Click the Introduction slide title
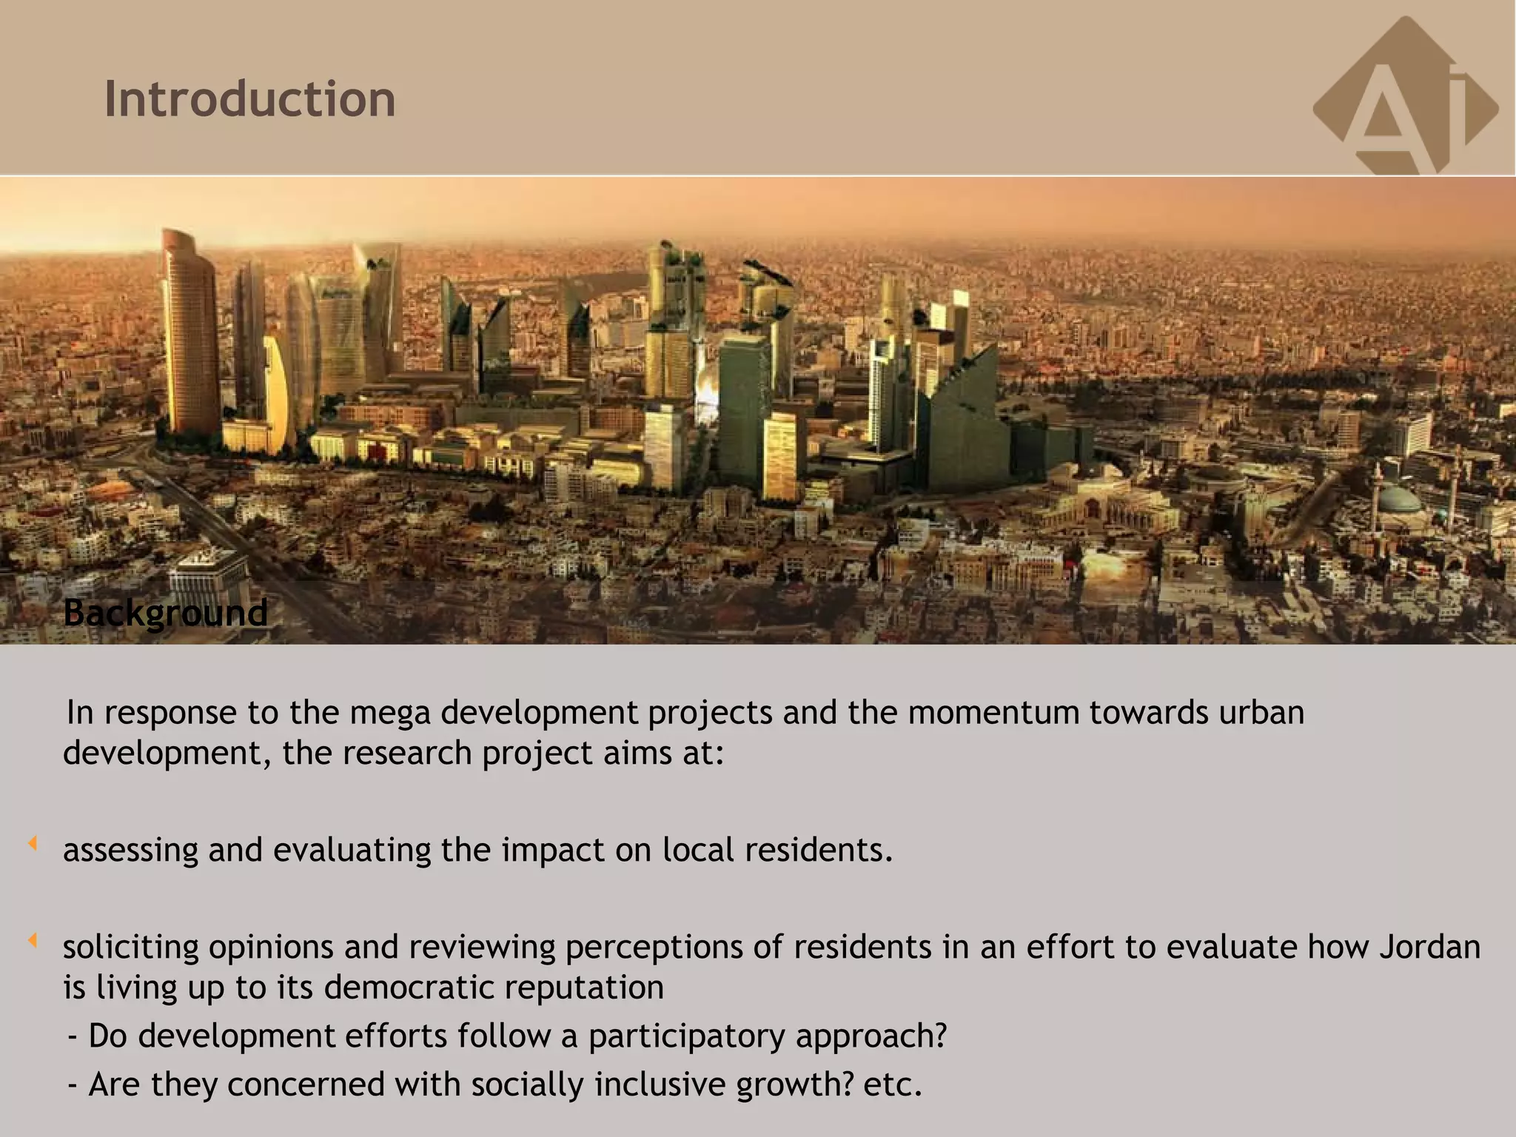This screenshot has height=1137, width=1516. click(249, 98)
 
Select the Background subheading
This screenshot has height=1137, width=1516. click(165, 613)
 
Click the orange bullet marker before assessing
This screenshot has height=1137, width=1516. click(33, 843)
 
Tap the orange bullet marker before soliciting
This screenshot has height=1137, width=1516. click(33, 941)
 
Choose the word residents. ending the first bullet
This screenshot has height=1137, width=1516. click(819, 850)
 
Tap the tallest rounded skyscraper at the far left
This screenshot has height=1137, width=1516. click(189, 333)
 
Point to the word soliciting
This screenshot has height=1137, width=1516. click(130, 947)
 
